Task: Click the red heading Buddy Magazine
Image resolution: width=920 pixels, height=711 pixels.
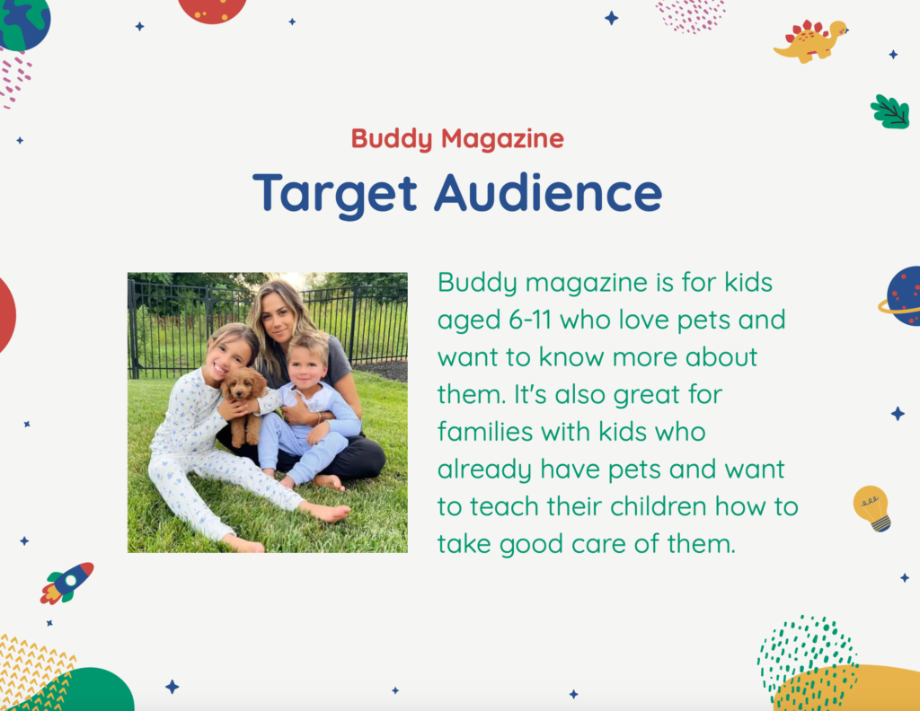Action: click(457, 139)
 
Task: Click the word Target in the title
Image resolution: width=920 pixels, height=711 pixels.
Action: click(335, 193)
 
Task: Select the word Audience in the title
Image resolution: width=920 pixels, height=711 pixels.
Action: click(548, 192)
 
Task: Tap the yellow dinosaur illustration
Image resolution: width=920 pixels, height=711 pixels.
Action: click(811, 40)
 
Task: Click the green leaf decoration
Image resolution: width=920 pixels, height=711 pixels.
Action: click(890, 111)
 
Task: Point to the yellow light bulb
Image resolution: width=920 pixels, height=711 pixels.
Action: click(871, 508)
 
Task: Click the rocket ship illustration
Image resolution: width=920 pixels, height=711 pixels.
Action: click(66, 584)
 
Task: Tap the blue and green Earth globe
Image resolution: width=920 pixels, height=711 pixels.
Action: click(23, 22)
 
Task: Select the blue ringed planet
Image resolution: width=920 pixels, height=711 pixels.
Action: click(901, 296)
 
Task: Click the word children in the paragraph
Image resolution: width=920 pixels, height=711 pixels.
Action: click(658, 506)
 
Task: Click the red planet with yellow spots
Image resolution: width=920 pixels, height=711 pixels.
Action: click(212, 11)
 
